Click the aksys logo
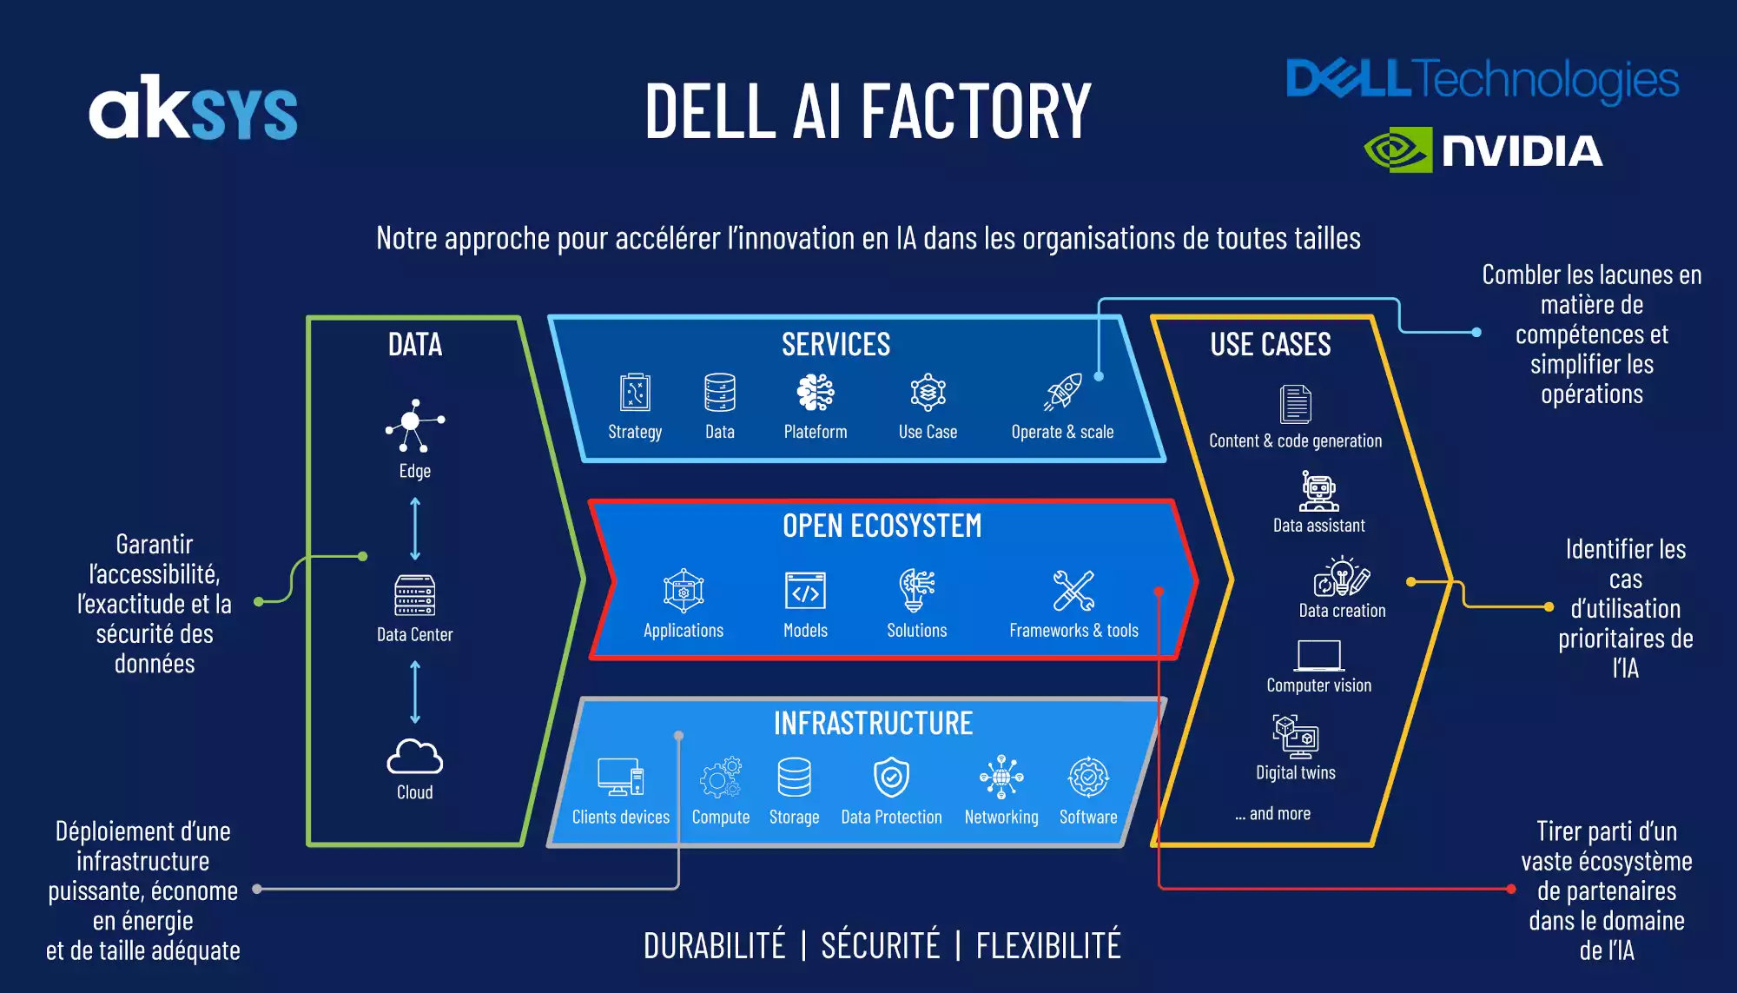193,108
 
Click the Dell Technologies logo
1482,80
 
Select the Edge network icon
414,425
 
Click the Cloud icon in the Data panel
414,757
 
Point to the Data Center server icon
414,595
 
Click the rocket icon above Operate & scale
1063,392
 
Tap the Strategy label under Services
635,432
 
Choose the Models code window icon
805,591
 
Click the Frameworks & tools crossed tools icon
1073,591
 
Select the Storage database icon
794,777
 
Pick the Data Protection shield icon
891,777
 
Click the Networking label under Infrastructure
1001,818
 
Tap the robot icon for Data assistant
1318,492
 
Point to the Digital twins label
1296,772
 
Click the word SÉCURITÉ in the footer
880,945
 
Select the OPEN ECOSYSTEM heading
882,526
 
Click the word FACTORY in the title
976,111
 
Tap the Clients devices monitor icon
620,777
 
